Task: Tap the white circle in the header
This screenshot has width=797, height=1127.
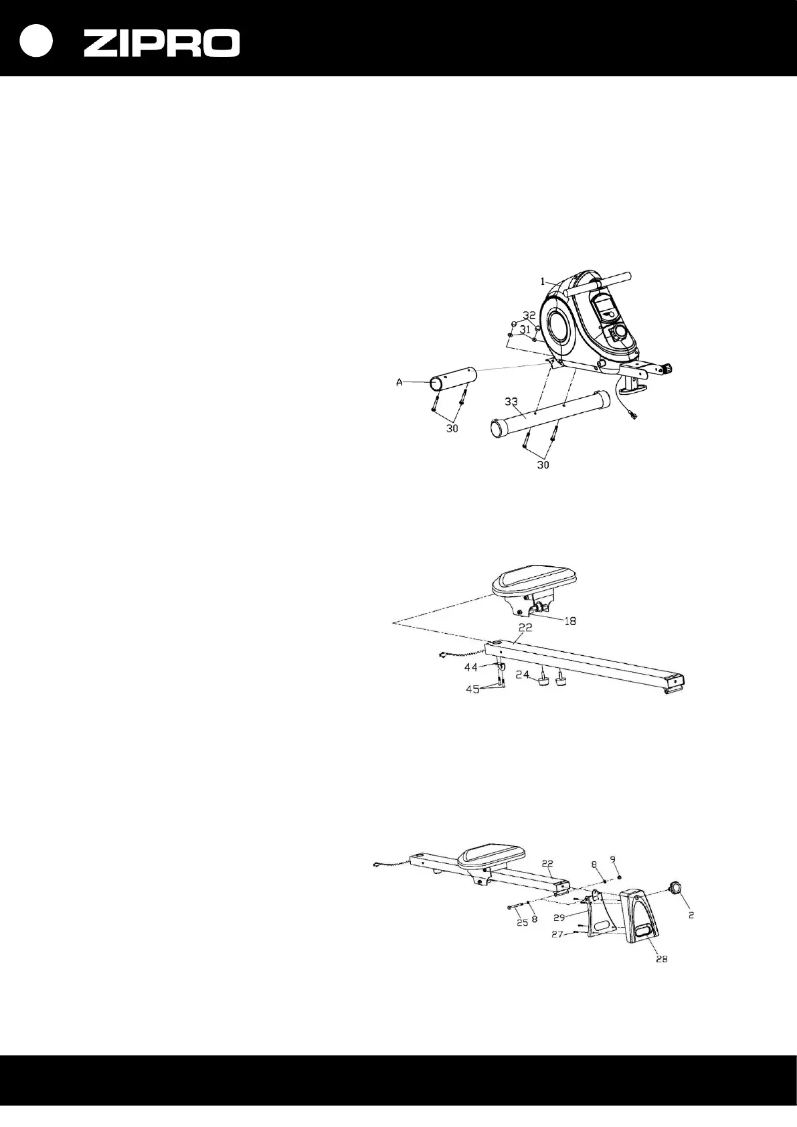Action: (35, 41)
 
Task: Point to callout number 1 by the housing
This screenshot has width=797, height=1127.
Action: (544, 282)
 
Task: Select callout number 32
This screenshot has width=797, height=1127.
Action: (529, 315)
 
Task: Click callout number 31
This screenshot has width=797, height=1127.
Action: (526, 329)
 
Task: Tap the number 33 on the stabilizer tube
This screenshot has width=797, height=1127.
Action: (511, 402)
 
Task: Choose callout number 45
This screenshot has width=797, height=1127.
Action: (474, 689)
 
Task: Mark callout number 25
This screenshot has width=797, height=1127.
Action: (523, 922)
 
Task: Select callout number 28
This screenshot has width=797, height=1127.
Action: (661, 959)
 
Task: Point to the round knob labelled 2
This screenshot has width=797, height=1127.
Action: (674, 887)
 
